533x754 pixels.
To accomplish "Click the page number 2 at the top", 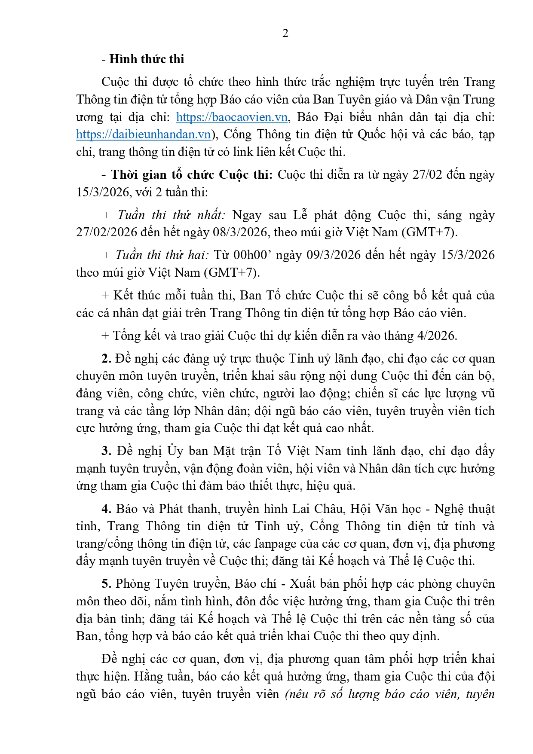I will click(x=285, y=34).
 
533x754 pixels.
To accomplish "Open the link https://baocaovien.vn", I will click(x=232, y=117).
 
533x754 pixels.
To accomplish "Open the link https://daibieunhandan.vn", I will click(x=143, y=134).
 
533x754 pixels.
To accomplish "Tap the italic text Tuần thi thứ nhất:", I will click(x=171, y=215).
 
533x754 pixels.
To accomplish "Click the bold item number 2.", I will click(x=107, y=359).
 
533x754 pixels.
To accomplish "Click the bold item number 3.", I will click(x=107, y=451).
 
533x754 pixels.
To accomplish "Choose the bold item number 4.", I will click(x=107, y=509).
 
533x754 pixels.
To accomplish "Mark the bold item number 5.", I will click(x=107, y=584).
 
